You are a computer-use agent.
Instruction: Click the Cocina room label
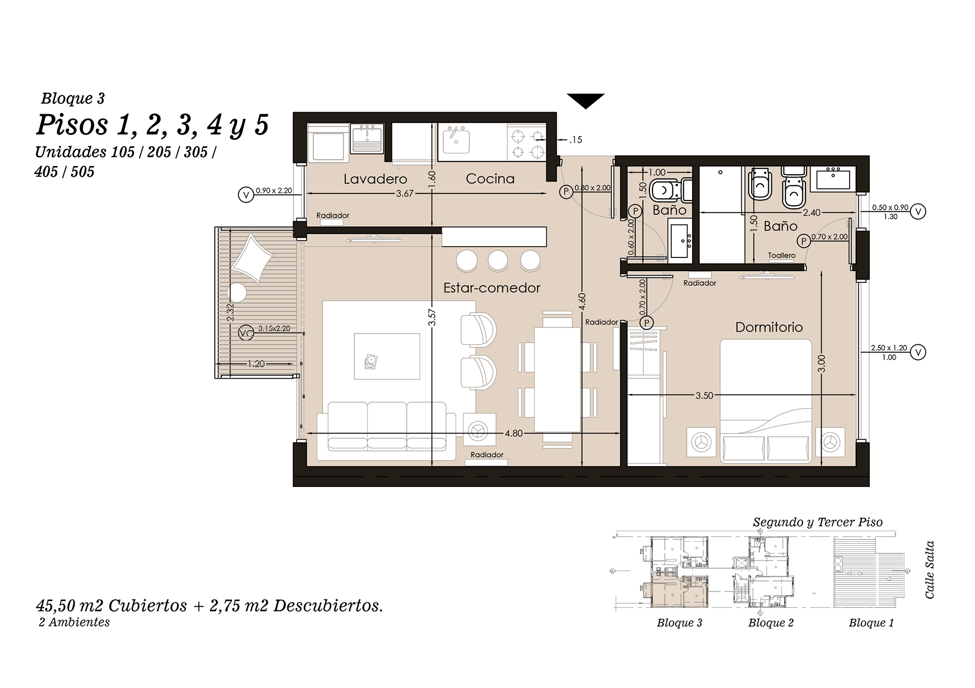pyautogui.click(x=490, y=179)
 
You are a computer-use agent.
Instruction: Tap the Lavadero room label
pyautogui.click(x=375, y=179)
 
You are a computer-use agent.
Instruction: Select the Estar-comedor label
pyautogui.click(x=492, y=288)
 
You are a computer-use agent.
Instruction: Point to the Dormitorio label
pyautogui.click(x=769, y=327)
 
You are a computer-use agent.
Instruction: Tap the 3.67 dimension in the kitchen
pyautogui.click(x=405, y=193)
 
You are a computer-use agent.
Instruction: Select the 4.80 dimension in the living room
pyautogui.click(x=513, y=434)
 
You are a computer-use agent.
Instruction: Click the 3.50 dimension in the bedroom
pyautogui.click(x=704, y=396)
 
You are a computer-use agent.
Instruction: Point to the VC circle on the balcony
pyautogui.click(x=246, y=333)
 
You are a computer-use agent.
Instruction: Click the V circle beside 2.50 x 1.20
pyautogui.click(x=918, y=352)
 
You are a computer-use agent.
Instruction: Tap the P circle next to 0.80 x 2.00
pyautogui.click(x=566, y=192)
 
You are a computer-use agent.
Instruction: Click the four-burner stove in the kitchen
pyautogui.click(x=527, y=144)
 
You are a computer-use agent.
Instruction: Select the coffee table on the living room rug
pyautogui.click(x=387, y=356)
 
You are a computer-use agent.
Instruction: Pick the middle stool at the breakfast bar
pyautogui.click(x=498, y=260)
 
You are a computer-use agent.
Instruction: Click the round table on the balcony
pyautogui.click(x=237, y=293)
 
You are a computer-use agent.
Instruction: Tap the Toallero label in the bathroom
pyautogui.click(x=782, y=255)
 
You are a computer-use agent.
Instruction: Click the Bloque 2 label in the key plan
pyautogui.click(x=770, y=623)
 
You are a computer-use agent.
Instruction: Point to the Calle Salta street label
pyautogui.click(x=929, y=570)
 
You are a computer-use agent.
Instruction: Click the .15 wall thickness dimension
pyautogui.click(x=575, y=140)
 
